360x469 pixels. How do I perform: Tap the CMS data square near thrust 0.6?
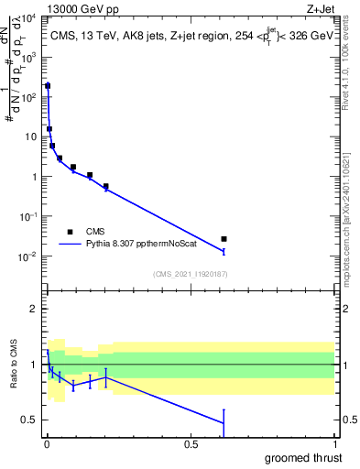(x=224, y=239)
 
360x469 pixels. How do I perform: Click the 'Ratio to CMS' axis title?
(x=14, y=365)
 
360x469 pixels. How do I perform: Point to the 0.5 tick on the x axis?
(x=191, y=444)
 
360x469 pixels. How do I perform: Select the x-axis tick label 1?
(x=335, y=444)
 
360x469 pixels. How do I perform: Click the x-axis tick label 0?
(x=47, y=444)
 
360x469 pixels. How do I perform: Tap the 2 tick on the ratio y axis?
(x=33, y=309)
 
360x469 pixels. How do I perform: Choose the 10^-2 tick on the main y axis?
(x=29, y=256)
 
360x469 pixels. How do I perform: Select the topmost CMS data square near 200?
(x=48, y=85)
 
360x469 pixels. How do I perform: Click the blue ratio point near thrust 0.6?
(x=224, y=422)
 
